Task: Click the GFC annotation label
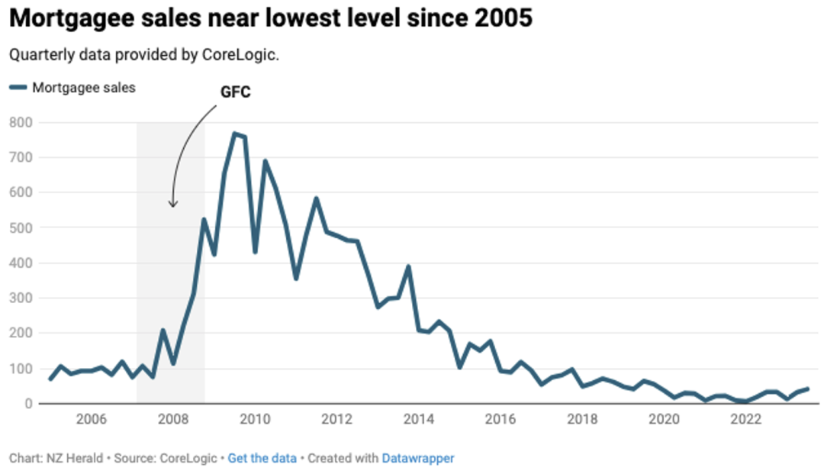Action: point(235,92)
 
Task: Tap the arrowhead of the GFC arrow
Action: point(173,205)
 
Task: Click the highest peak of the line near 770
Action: point(234,134)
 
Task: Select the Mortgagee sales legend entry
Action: point(72,87)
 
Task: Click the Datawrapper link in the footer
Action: point(417,458)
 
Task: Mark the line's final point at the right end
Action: point(807,389)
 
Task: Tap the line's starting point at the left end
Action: point(50,379)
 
